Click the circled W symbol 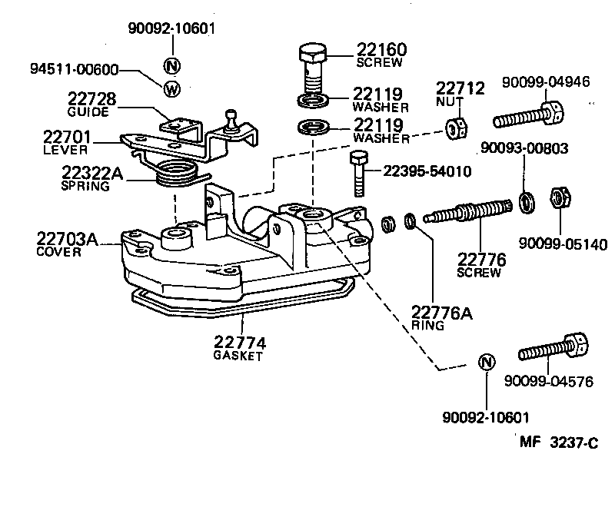click(171, 88)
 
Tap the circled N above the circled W click(171, 65)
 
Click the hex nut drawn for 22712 click(454, 128)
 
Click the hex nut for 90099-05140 click(559, 199)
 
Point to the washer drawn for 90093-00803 click(527, 202)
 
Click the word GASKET click(238, 356)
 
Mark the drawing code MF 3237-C click(558, 442)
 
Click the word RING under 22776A click(428, 325)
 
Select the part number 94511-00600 click(74, 70)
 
